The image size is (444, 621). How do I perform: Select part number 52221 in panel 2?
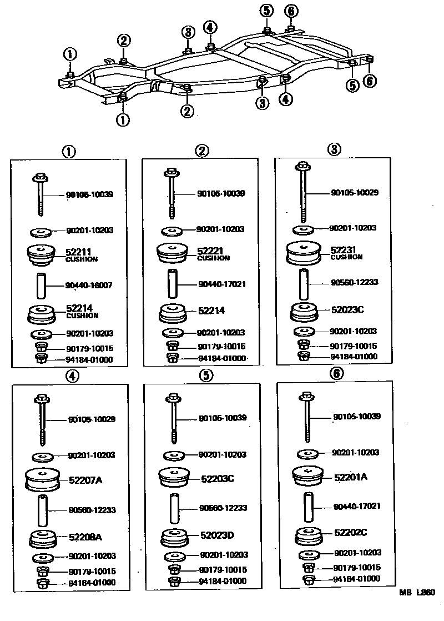click(209, 252)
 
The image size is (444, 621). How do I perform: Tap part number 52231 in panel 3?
click(342, 251)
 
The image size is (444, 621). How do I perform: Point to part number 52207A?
click(86, 480)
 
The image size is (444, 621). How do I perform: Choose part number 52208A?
click(86, 537)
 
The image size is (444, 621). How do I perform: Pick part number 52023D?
click(218, 535)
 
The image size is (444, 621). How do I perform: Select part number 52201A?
click(351, 477)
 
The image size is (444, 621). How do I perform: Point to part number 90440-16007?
click(89, 286)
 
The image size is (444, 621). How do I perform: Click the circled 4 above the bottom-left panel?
click(72, 375)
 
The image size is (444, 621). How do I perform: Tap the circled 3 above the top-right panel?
click(334, 149)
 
